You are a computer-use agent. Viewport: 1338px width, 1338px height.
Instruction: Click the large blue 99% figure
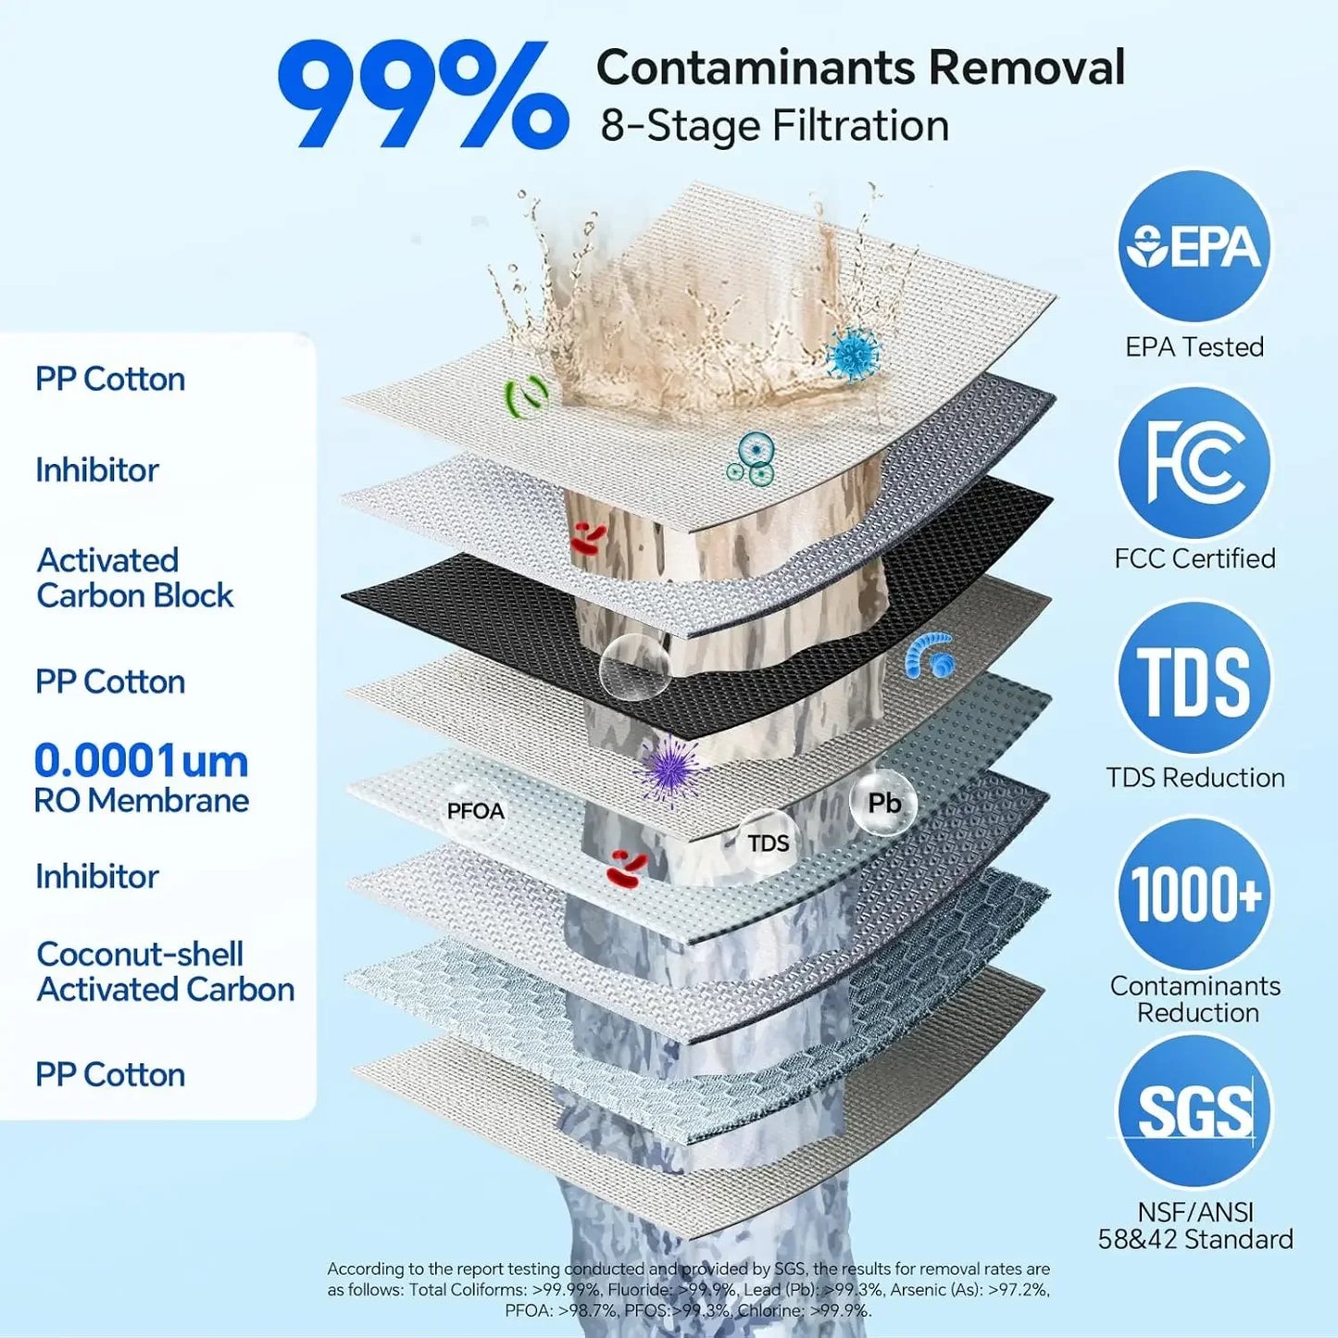[x=423, y=94]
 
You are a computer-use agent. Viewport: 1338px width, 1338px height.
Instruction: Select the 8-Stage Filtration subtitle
[x=774, y=126]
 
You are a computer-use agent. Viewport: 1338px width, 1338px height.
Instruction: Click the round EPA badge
[x=1194, y=247]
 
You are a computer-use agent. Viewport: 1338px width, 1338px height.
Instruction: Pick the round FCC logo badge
[x=1194, y=463]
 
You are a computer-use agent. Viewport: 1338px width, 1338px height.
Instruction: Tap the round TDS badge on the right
[x=1194, y=679]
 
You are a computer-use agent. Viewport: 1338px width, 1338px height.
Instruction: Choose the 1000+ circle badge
[x=1194, y=894]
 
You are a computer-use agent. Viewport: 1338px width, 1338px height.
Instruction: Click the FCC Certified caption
[x=1194, y=558]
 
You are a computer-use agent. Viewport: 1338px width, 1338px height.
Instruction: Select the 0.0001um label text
[x=141, y=761]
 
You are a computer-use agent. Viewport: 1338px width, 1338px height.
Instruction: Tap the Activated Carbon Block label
[x=134, y=578]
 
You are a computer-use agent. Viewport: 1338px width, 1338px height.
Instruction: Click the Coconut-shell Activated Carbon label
[x=165, y=971]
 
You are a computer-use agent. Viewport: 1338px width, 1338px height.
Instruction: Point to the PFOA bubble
[x=475, y=810]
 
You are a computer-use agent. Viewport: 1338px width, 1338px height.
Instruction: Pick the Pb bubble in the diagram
[x=884, y=804]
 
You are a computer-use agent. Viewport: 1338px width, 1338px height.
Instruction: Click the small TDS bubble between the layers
[x=768, y=843]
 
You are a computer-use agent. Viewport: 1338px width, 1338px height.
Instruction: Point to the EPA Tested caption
[x=1194, y=346]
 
